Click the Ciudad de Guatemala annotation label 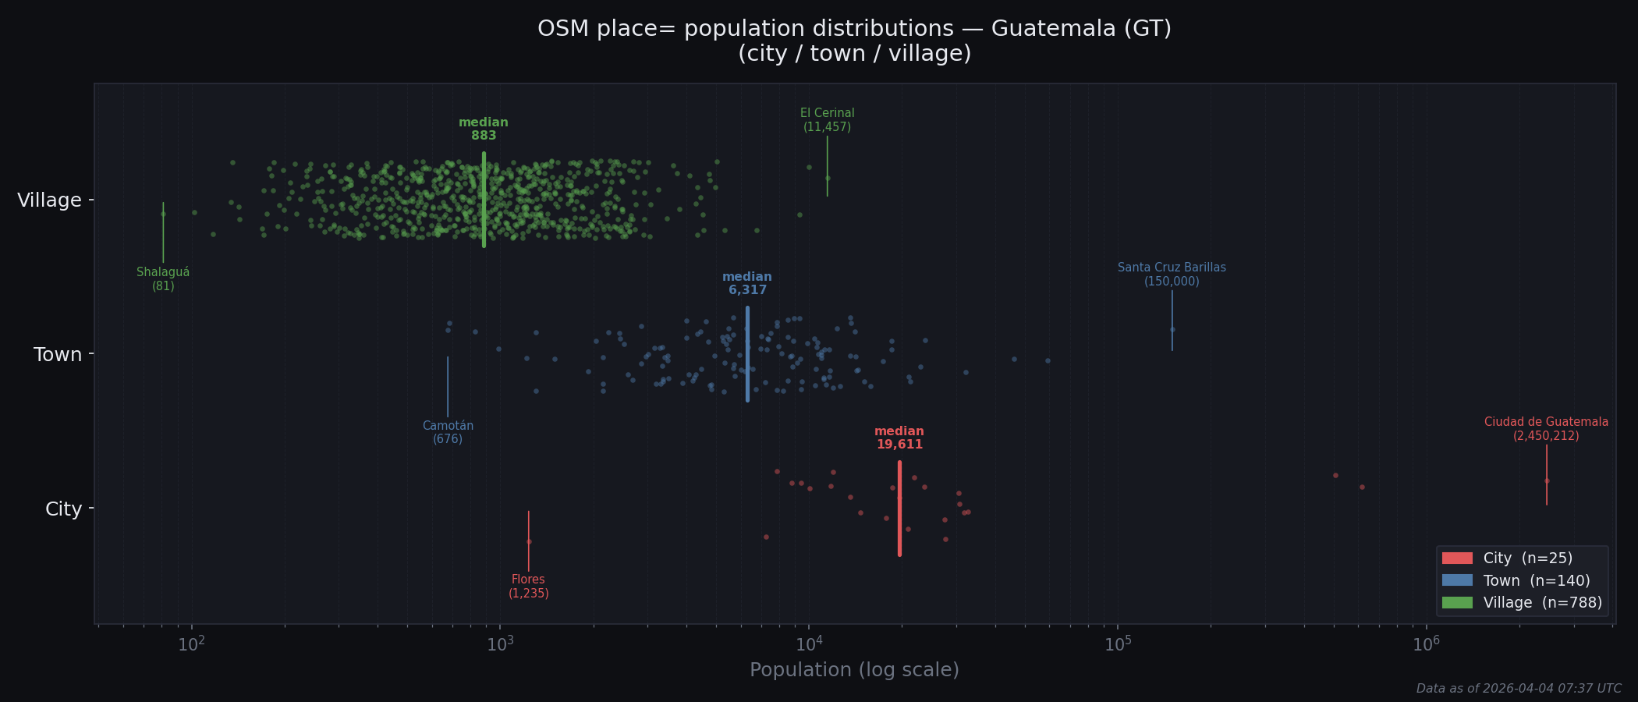coord(1546,429)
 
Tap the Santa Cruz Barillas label coord(1172,275)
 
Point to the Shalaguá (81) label coord(163,279)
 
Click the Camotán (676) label coord(448,432)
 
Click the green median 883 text coord(484,129)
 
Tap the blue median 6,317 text coord(747,284)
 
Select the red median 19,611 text coord(899,438)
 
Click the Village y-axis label coord(49,200)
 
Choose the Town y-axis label coord(58,355)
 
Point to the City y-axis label coord(63,509)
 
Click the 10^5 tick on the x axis coord(1118,643)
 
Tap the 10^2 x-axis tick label coord(191,643)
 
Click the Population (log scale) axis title coord(854,670)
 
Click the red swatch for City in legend coord(1457,558)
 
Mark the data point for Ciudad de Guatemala coord(1547,481)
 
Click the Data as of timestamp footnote coord(1518,689)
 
